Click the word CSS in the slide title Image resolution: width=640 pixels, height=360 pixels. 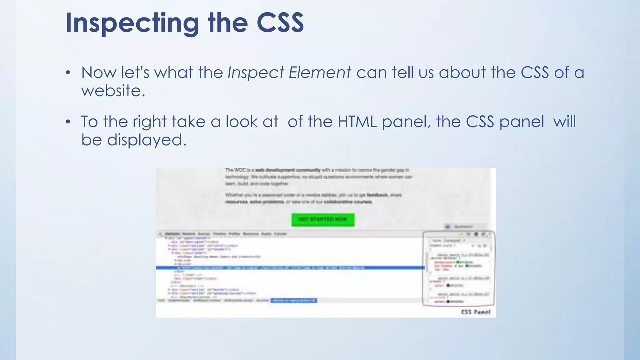(280, 23)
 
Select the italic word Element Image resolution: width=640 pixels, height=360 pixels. (320, 73)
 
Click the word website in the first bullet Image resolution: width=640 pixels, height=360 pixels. (113, 91)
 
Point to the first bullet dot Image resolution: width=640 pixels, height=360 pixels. (68, 73)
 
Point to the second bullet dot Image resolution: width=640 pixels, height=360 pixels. (68, 122)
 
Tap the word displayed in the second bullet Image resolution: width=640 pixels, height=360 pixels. (147, 140)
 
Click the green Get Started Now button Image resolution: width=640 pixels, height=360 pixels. (323, 219)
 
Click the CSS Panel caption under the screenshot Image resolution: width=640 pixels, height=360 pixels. (476, 312)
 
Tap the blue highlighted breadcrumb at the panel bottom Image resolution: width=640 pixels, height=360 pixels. (294, 301)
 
